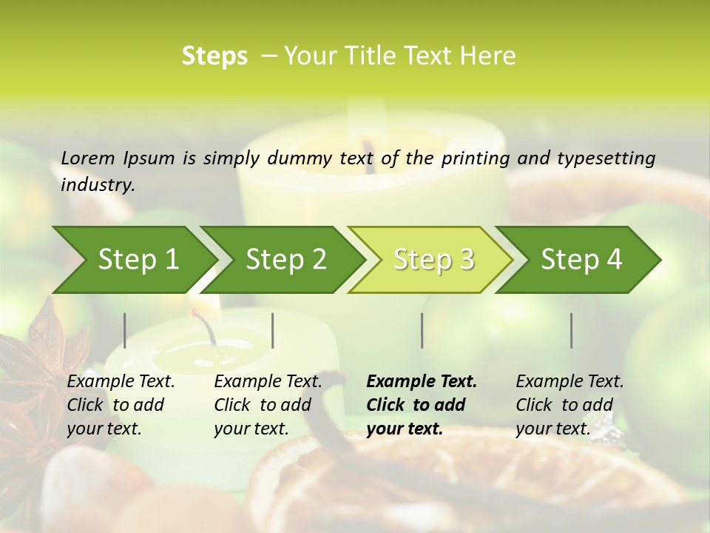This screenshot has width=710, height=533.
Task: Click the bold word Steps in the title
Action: (x=214, y=56)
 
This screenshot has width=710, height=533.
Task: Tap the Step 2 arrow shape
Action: (x=285, y=259)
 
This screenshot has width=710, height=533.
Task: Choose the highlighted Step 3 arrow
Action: (x=433, y=259)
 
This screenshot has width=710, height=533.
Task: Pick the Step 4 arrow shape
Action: (x=581, y=259)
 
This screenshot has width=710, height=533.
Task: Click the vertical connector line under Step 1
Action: (x=125, y=330)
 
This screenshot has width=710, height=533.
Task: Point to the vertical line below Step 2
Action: (x=273, y=330)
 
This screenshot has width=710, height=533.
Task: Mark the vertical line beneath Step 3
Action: (x=422, y=330)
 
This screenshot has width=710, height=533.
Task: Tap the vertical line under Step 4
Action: (x=572, y=330)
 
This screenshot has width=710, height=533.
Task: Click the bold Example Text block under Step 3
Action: (x=422, y=405)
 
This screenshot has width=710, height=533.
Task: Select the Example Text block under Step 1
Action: (x=121, y=405)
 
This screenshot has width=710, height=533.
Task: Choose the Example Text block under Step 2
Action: (x=268, y=405)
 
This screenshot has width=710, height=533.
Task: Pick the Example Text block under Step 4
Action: (x=569, y=405)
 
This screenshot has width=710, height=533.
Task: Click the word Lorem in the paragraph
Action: (x=87, y=158)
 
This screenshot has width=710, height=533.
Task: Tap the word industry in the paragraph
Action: (x=97, y=185)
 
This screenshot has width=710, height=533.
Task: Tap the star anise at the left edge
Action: (x=30, y=370)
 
